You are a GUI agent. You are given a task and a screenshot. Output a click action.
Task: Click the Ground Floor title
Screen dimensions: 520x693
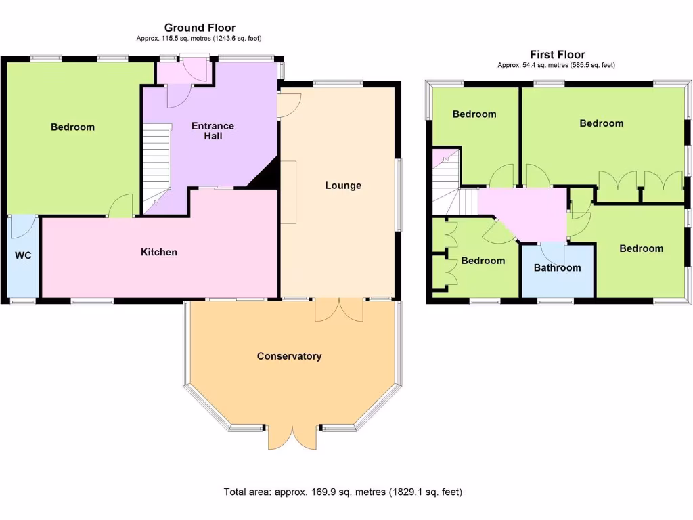pyautogui.click(x=200, y=28)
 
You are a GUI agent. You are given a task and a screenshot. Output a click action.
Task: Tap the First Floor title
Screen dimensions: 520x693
pyautogui.click(x=557, y=54)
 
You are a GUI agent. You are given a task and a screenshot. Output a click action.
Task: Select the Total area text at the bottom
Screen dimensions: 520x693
pyautogui.click(x=343, y=492)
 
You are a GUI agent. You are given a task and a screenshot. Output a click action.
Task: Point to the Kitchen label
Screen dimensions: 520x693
pyautogui.click(x=158, y=252)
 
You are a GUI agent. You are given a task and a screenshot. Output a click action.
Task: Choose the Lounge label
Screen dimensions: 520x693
pyautogui.click(x=343, y=186)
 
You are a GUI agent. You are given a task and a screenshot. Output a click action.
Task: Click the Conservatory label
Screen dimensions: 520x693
pyautogui.click(x=289, y=356)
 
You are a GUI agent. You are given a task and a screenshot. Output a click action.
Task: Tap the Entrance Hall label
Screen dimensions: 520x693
pyautogui.click(x=213, y=131)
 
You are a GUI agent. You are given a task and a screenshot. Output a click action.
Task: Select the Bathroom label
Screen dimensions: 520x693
pyautogui.click(x=557, y=267)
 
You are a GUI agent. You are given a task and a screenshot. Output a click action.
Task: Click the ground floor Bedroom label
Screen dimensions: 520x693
pyautogui.click(x=72, y=127)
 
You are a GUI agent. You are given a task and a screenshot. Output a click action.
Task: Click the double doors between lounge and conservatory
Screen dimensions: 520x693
pyautogui.click(x=339, y=309)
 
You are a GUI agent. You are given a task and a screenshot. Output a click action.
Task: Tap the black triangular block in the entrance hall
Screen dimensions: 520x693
pyautogui.click(x=266, y=175)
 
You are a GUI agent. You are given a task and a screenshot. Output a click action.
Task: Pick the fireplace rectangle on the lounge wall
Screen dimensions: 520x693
pyautogui.click(x=289, y=192)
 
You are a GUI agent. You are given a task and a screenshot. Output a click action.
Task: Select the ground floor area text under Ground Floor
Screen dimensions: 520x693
pyautogui.click(x=199, y=39)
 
